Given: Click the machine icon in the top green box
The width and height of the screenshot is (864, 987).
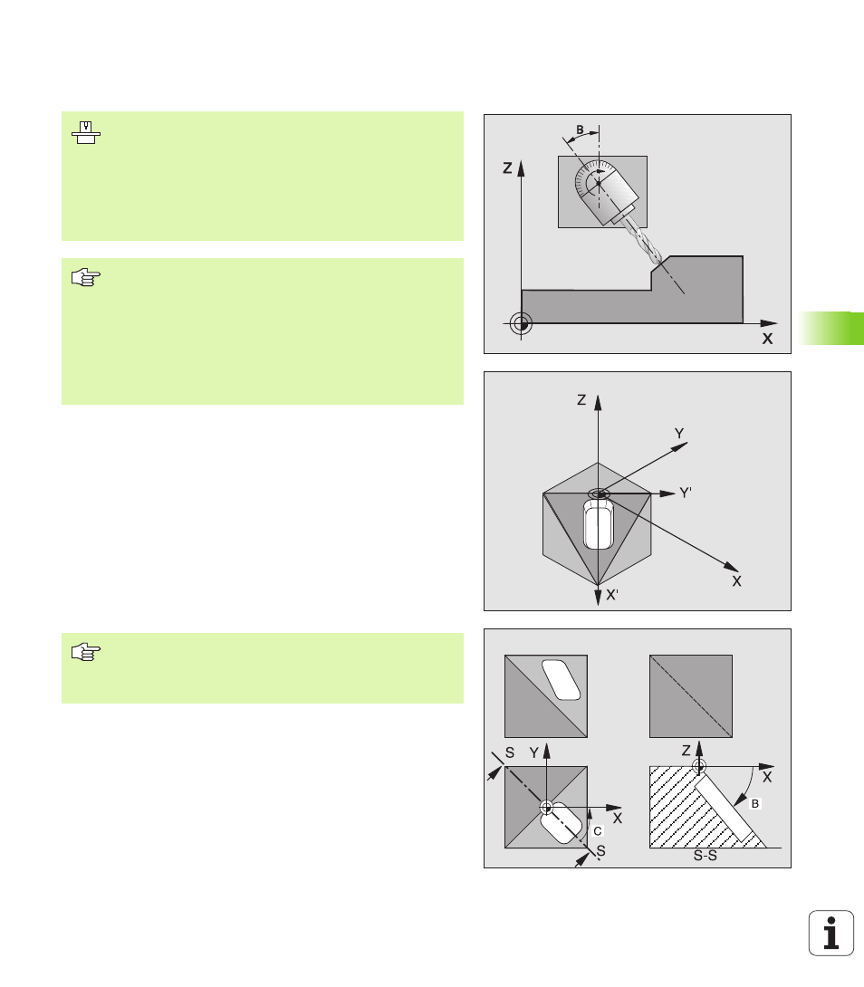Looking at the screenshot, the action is point(86,133).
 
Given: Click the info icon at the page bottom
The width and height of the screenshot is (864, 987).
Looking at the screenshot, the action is point(830,933).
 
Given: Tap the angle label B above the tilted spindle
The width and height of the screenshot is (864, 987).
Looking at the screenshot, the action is point(580,129).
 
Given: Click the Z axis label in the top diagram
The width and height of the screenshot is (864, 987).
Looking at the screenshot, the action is point(507,168).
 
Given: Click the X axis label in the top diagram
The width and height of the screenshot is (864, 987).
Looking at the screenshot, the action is point(767,339).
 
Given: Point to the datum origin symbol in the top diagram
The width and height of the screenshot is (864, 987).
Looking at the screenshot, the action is point(521,323).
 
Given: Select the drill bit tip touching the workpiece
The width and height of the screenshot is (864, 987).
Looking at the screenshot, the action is point(658,260).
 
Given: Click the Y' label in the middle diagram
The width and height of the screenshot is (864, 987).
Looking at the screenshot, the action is point(686,493).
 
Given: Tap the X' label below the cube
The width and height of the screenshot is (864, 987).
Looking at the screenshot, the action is point(612,595).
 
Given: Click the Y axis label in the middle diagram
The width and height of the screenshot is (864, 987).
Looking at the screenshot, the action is point(679,434).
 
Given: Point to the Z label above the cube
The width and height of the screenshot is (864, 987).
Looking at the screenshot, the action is point(581,399).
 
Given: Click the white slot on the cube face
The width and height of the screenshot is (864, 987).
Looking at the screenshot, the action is point(599,524).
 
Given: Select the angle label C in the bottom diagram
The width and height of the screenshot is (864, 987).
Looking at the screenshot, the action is point(598,831).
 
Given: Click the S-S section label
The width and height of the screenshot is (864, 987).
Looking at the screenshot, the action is point(706,856).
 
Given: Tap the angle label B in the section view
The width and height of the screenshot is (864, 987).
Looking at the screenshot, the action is point(755,803).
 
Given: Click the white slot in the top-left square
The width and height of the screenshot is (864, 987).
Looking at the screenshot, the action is point(562,680).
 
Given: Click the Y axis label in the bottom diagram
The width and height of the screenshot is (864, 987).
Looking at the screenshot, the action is point(534,752).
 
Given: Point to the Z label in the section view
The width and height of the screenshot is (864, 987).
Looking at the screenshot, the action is point(686,751).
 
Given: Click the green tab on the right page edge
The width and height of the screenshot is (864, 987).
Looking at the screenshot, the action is point(832,328).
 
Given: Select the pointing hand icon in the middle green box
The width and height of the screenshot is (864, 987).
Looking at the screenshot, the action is point(86,277).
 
